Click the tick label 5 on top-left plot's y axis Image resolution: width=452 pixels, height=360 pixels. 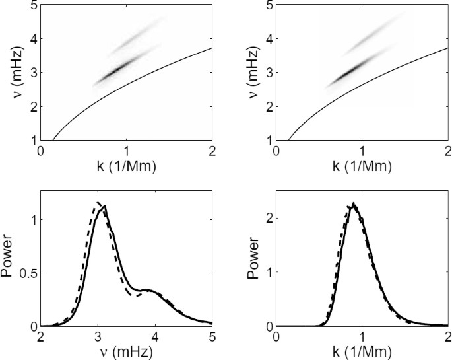click(32, 5)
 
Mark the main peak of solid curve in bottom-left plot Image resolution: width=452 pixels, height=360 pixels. click(104, 206)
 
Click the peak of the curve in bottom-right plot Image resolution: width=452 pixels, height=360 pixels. click(354, 203)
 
